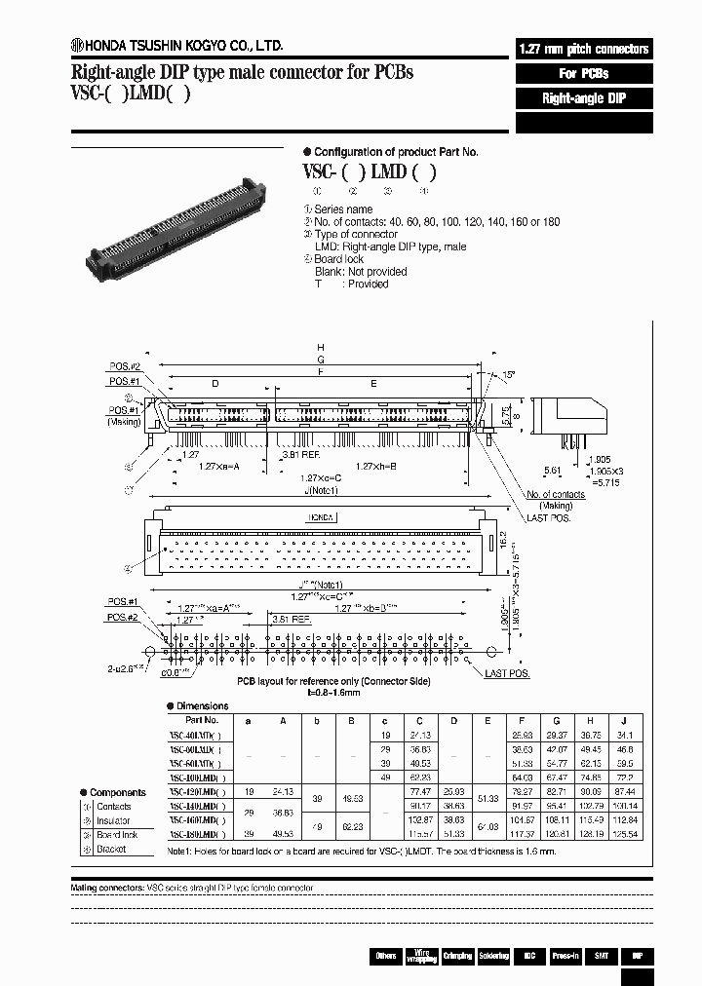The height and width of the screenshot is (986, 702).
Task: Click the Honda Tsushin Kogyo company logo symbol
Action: point(77,45)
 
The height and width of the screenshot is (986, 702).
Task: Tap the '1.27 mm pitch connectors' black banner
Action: point(583,49)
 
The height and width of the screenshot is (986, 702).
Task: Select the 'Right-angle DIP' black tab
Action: point(583,98)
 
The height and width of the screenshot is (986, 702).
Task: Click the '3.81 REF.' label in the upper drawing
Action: point(297,454)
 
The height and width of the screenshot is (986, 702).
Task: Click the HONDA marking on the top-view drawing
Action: point(321,517)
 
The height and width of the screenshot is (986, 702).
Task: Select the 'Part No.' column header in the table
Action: point(201,720)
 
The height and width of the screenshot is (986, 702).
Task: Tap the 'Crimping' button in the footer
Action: point(456,956)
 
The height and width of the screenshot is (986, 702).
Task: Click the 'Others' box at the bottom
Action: point(386,956)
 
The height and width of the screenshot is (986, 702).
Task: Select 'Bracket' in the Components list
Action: point(111,849)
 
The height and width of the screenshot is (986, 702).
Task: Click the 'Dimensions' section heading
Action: point(203,705)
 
